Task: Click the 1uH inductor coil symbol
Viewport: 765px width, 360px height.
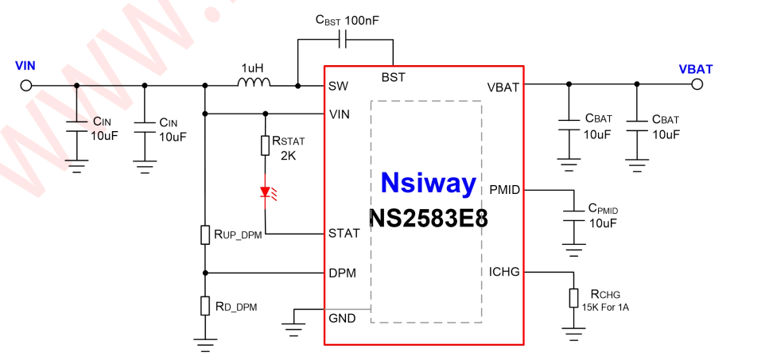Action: pos(254,82)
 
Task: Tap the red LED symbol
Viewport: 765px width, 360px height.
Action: pos(266,192)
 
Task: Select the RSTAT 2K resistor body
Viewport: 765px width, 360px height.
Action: pos(266,145)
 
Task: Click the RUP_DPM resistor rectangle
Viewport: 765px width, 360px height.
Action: pos(205,234)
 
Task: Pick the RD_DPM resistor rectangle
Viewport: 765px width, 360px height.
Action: pos(205,305)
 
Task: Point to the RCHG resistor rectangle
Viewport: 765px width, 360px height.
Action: pos(573,298)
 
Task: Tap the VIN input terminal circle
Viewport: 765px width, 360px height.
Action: pos(25,85)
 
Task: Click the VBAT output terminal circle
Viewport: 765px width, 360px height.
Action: pos(697,85)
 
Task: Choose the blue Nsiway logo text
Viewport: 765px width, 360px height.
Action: pos(428,184)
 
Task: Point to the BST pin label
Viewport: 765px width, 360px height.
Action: pos(393,77)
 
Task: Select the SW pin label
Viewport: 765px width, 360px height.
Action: pos(337,86)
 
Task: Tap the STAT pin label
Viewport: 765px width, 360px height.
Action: pos(344,234)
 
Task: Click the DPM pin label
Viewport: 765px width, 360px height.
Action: pos(342,273)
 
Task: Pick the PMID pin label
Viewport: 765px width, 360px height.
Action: pos(505,190)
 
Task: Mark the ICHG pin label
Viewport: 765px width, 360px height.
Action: pos(505,272)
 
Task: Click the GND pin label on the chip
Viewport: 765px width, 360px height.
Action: pos(342,319)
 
